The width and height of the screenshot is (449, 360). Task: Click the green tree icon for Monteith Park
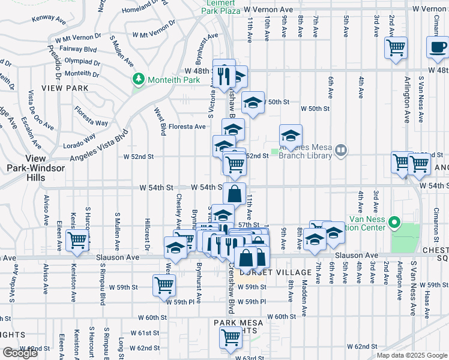tap(139, 79)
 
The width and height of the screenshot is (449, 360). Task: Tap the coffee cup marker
tap(438, 47)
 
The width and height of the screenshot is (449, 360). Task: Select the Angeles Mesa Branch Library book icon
tap(340, 149)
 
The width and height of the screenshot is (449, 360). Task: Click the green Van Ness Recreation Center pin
tap(394, 224)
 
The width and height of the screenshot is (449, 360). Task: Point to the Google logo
tap(20, 353)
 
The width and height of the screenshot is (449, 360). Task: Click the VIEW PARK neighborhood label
tap(65, 88)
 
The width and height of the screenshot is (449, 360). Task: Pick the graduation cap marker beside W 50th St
tap(253, 103)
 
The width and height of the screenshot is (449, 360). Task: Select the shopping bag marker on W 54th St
tap(234, 194)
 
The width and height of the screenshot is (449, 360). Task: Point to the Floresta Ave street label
tap(187, 127)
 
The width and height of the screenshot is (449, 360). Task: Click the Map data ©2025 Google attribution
tap(411, 355)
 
